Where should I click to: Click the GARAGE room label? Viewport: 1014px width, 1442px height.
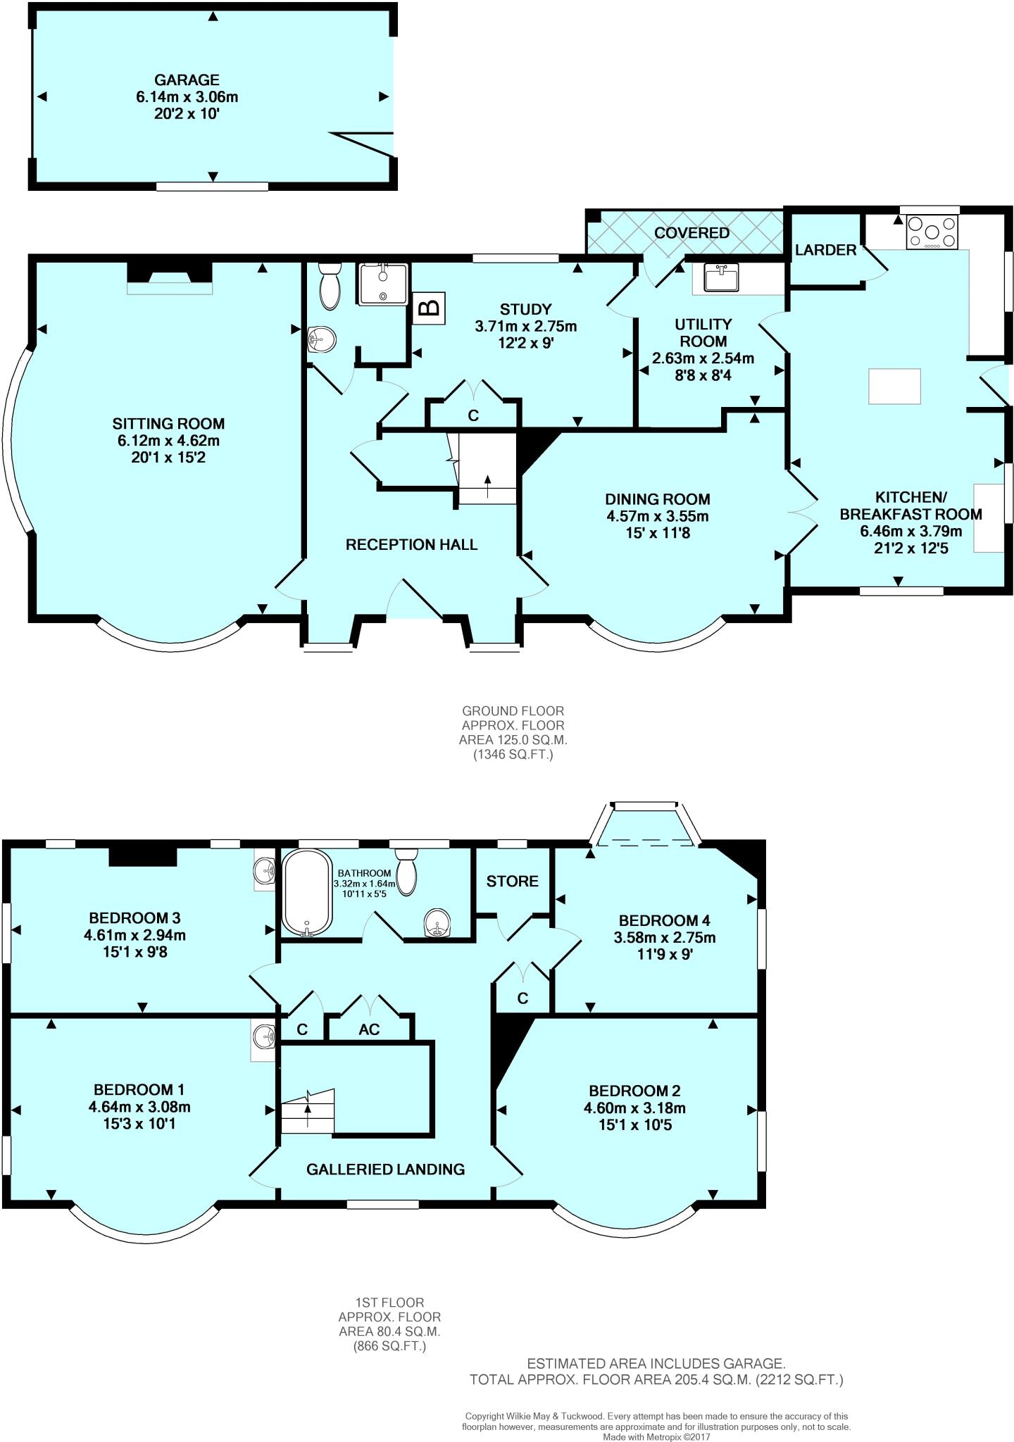(187, 80)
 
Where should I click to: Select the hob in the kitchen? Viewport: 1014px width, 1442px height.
(932, 232)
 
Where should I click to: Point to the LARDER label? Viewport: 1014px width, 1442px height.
(825, 250)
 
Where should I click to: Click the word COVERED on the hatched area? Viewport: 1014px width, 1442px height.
(691, 233)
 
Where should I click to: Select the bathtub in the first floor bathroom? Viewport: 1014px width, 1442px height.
(306, 893)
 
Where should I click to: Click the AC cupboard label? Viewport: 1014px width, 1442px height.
(369, 1029)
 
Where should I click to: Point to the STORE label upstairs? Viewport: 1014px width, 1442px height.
(512, 882)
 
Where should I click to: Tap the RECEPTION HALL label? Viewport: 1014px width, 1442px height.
(411, 544)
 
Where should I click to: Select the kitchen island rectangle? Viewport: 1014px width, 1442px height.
(894, 387)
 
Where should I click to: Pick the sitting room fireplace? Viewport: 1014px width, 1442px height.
(169, 277)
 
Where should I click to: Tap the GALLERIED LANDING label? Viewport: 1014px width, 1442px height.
(385, 1170)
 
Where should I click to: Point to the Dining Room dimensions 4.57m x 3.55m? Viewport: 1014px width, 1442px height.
(657, 516)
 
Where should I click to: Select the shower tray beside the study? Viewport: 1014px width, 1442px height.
(382, 284)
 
